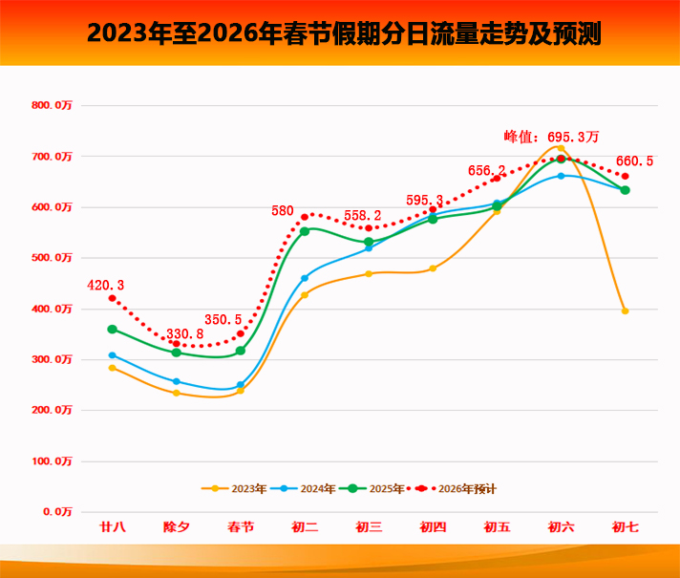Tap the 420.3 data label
105,285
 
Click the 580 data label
283,210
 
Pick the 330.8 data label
185,333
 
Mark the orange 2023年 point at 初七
625,310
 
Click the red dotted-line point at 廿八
113,298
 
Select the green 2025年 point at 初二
305,231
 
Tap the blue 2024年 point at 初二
305,278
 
